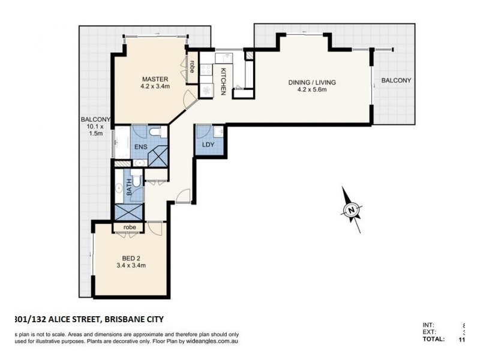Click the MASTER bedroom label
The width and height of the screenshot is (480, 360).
point(155,79)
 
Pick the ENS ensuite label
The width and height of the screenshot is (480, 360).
point(140,146)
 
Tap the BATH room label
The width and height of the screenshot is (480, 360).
point(128,190)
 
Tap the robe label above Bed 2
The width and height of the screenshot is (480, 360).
point(130,228)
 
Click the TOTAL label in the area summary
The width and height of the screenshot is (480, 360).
point(433,340)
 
